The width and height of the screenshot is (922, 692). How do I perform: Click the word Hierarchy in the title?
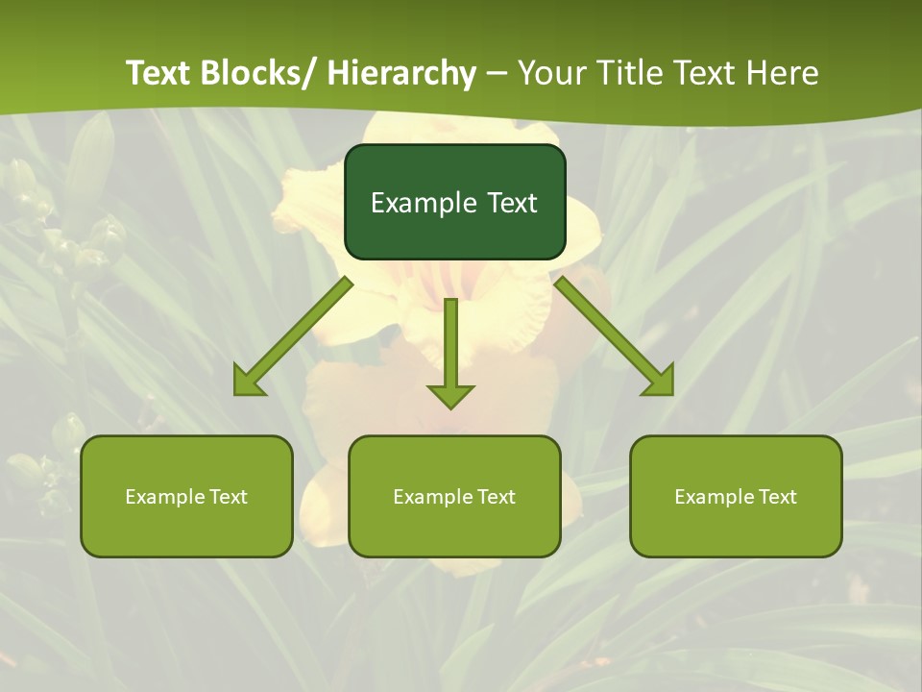click(x=401, y=73)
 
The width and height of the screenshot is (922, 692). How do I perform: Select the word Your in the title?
click(x=553, y=73)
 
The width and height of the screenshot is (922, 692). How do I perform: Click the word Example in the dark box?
click(x=424, y=203)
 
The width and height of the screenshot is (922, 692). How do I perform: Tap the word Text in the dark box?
click(x=512, y=203)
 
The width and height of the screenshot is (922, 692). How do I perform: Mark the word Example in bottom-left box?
click(x=165, y=497)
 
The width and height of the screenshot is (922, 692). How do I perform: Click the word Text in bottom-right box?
click(x=777, y=497)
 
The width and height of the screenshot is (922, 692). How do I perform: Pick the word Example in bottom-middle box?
click(x=433, y=497)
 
